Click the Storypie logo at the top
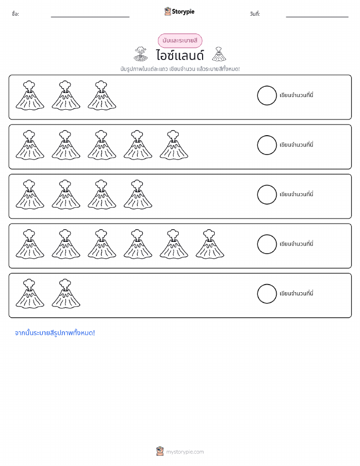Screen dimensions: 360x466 point(179,12)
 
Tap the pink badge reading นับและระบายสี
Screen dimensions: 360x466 point(180,41)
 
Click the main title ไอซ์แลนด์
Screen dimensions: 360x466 point(180,55)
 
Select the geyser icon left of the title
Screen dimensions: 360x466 point(141,54)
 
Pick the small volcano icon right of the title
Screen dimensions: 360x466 point(219,54)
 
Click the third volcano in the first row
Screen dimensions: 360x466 point(102,95)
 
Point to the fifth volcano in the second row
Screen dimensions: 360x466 point(174,145)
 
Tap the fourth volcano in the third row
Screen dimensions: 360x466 point(138,194)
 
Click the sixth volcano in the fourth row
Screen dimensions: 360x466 point(210,244)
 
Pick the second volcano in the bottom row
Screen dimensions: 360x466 point(66,293)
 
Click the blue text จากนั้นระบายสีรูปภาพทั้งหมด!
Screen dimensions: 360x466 point(55,333)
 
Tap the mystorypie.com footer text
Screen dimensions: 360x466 point(185,452)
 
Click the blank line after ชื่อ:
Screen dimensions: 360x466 point(90,17)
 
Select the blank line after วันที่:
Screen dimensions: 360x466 point(317,17)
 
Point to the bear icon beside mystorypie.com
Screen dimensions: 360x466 point(160,451)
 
